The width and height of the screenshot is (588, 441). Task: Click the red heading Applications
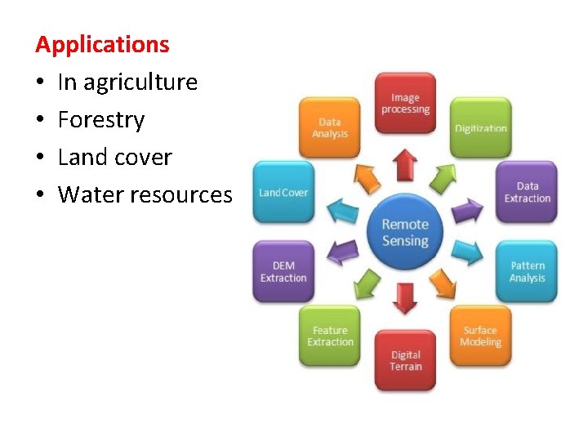pos(102,44)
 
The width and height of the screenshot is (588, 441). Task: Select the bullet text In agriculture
pos(127,82)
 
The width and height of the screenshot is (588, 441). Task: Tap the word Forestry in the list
pos(101,120)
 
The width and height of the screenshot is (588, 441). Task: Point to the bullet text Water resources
pos(145,195)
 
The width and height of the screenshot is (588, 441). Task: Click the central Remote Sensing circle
pos(405,232)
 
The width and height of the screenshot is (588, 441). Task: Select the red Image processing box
pos(405,104)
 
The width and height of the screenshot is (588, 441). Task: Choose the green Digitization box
pos(481,127)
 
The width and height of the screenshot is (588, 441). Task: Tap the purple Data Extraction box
pos(527,192)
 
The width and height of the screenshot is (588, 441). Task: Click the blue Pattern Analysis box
pos(527,271)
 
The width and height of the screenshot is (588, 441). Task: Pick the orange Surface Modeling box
pos(480,336)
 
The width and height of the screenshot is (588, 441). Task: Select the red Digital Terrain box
pos(405,360)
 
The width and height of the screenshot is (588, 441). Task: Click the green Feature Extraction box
pos(330,336)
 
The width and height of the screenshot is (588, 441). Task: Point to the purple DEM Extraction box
pos(283,271)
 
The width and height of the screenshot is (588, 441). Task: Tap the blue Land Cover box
pos(283,192)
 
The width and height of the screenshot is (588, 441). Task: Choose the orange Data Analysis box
pos(330,127)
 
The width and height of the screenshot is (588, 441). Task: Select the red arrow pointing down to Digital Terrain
pos(405,297)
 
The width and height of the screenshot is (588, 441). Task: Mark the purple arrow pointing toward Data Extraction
pos(468,212)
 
